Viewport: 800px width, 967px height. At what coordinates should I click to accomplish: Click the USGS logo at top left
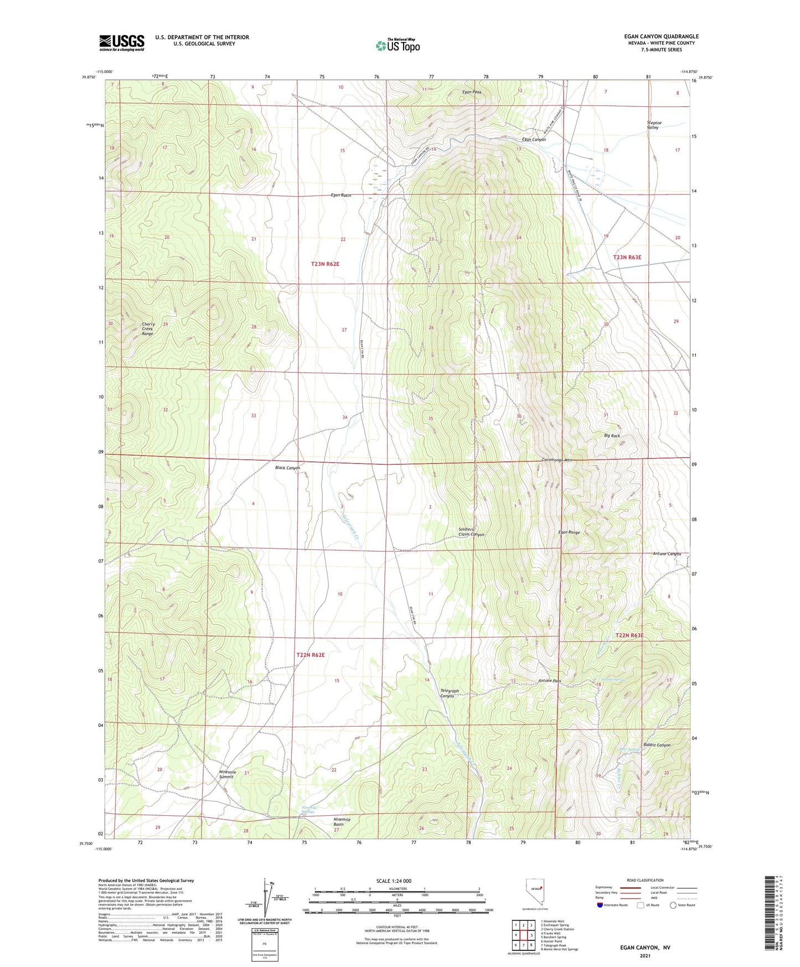pos(121,42)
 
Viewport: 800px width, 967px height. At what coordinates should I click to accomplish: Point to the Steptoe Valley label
pos(653,125)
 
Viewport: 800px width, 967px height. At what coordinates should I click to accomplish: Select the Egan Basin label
pos(340,195)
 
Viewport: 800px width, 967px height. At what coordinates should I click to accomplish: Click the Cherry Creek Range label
pos(148,329)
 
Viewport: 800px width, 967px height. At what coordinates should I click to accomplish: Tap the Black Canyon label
pos(287,467)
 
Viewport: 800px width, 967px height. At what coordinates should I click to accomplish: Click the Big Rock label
pos(612,436)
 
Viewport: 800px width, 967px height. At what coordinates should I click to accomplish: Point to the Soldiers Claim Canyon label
pos(471,532)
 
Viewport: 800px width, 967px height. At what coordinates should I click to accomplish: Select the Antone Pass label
pos(549,681)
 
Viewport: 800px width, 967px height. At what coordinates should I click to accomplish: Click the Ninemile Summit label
pos(227,774)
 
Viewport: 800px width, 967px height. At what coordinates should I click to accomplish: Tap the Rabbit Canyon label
pos(657,745)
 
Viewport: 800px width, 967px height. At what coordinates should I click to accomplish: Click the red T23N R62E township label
pos(325,264)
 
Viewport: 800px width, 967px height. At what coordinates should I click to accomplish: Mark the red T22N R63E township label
pos(630,635)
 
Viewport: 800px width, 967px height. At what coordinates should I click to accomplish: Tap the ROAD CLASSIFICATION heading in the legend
pos(645,880)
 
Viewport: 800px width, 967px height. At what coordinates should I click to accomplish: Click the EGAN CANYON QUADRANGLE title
pos(661,37)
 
